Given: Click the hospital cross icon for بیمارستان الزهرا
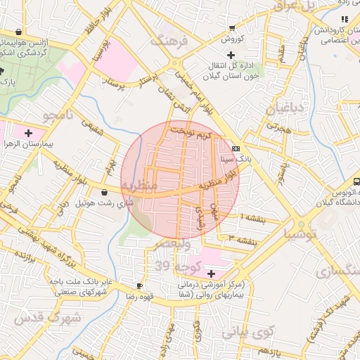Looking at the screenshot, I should pyautogui.click(x=28, y=132).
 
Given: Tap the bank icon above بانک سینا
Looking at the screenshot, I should pyautogui.click(x=236, y=148).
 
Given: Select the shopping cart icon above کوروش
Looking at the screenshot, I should pyautogui.click(x=231, y=28).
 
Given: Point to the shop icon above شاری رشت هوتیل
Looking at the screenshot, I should pyautogui.click(x=104, y=192).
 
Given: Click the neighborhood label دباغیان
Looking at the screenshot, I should pyautogui.click(x=284, y=108).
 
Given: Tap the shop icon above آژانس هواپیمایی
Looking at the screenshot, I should pyautogui.click(x=18, y=32).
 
